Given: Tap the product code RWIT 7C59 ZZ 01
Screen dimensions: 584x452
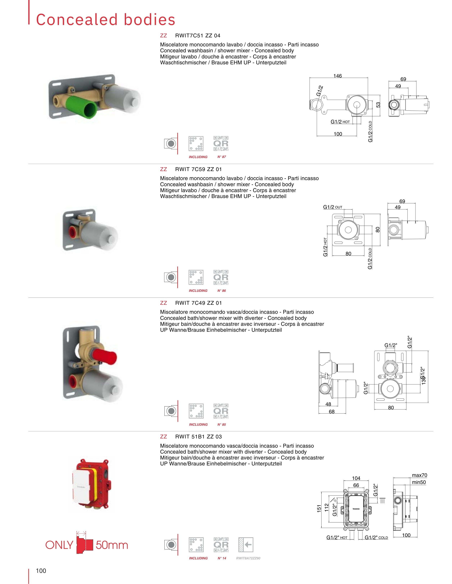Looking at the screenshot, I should [x=198, y=169].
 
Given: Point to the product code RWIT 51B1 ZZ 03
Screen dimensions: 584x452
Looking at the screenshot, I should [x=198, y=437].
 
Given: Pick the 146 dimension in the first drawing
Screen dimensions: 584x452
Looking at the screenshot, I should [x=337, y=76].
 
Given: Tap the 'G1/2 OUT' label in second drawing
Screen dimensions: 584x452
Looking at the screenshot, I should [x=332, y=207].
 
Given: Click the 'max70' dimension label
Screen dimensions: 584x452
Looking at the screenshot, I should [x=419, y=475].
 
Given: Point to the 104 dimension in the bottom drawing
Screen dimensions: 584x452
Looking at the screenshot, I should [x=356, y=478].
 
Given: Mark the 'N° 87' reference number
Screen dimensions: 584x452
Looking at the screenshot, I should [x=222, y=157].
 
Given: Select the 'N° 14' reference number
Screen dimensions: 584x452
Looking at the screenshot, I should [x=222, y=558].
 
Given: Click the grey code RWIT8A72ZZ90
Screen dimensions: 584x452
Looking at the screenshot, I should [x=248, y=558].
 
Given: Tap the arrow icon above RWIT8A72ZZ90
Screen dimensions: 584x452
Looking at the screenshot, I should [x=245, y=545].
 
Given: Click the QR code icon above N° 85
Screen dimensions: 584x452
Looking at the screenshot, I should [x=221, y=411].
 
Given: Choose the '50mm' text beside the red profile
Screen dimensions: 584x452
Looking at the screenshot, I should [x=112, y=545].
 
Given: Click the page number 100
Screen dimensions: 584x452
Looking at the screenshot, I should [x=41, y=571].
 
